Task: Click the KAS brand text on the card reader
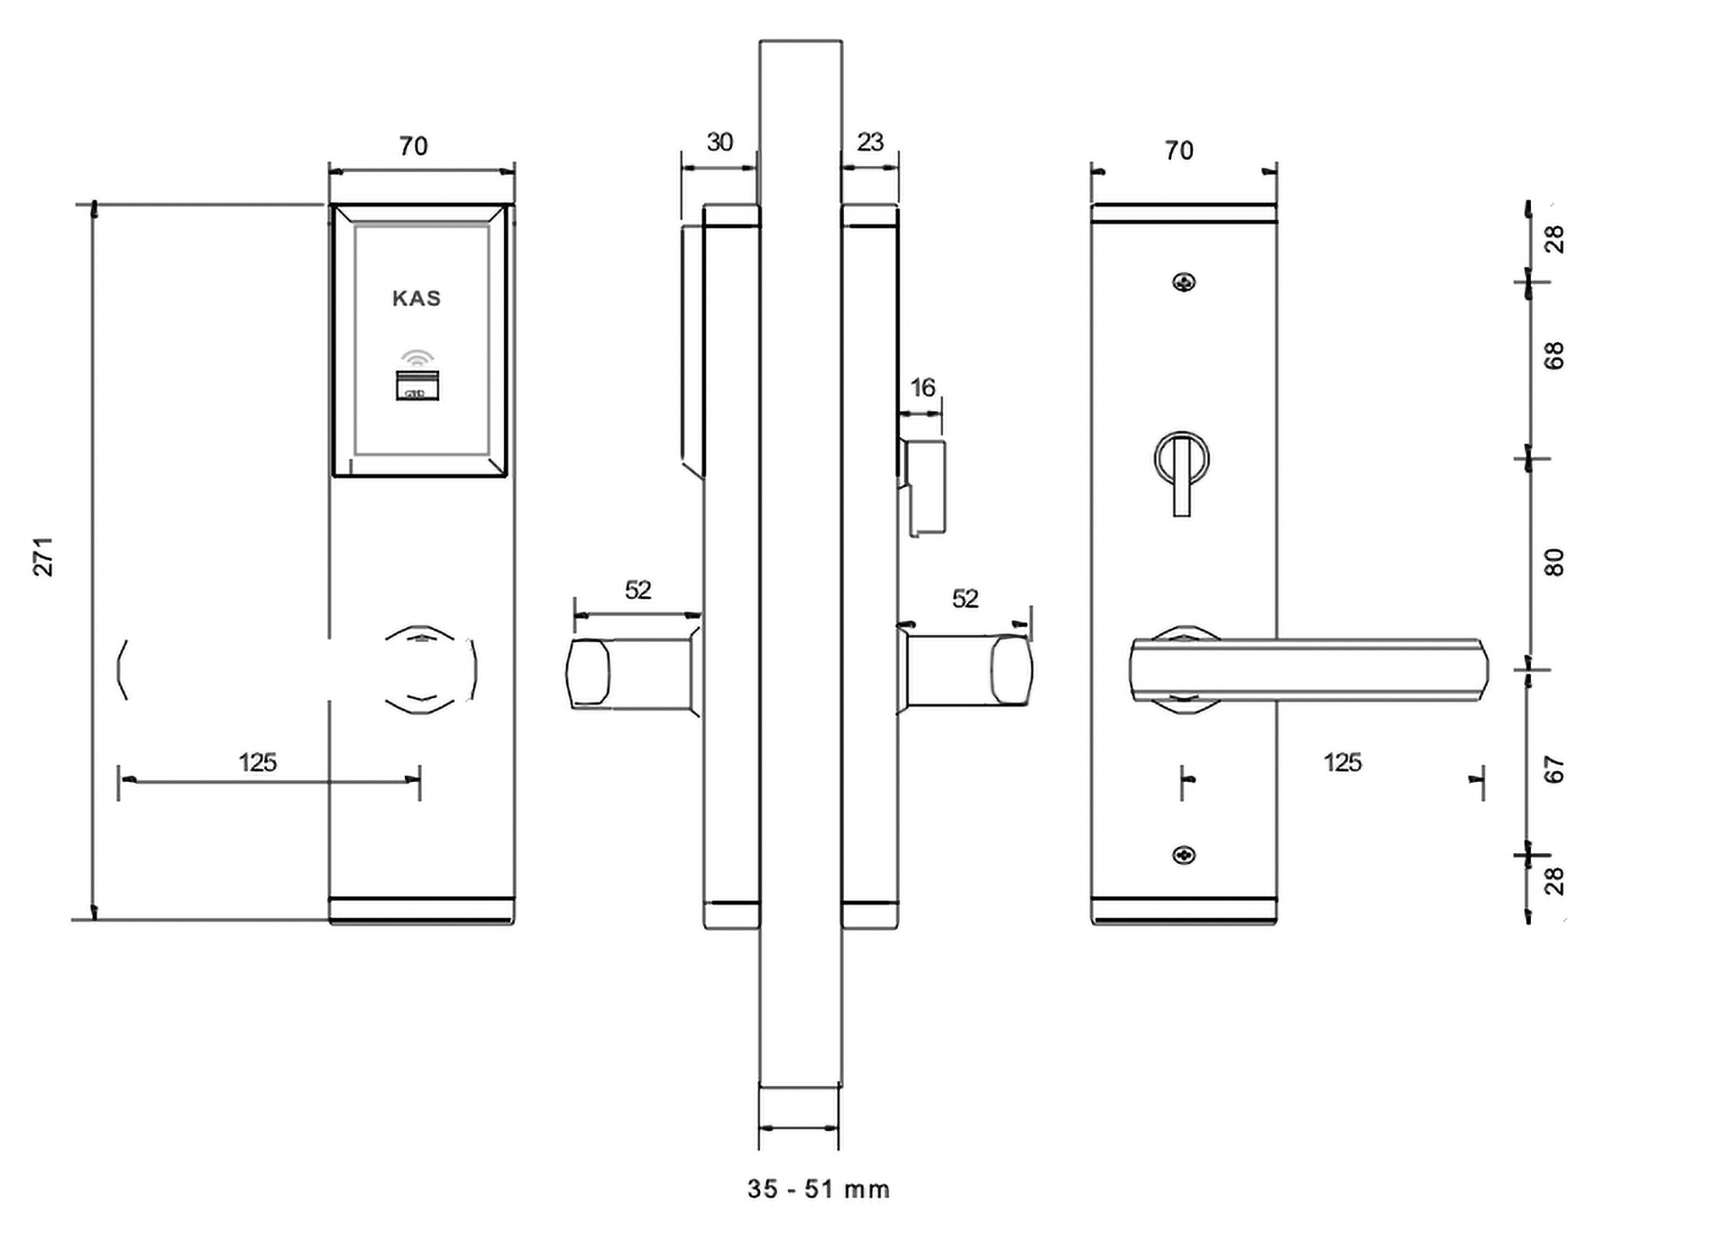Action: (x=417, y=299)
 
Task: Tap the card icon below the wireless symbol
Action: (x=417, y=385)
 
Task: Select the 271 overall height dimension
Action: (x=43, y=556)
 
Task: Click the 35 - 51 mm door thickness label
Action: (x=819, y=1190)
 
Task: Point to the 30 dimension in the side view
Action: (x=719, y=142)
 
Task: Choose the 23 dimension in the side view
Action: (x=870, y=142)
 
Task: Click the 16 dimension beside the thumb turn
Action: (x=922, y=388)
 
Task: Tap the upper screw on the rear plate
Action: (x=1184, y=282)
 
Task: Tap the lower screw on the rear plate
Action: (x=1184, y=855)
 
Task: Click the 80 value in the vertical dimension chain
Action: (x=1554, y=562)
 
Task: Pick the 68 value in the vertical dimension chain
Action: (x=1554, y=355)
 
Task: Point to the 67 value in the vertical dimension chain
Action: (x=1554, y=769)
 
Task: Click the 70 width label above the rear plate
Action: (x=1179, y=151)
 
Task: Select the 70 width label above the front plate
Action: (x=413, y=146)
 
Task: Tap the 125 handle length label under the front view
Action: (x=257, y=763)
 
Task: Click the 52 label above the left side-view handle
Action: (x=637, y=590)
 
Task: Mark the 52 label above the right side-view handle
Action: (x=965, y=599)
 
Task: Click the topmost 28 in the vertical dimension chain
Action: (x=1554, y=239)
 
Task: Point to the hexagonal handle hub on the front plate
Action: (x=431, y=669)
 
